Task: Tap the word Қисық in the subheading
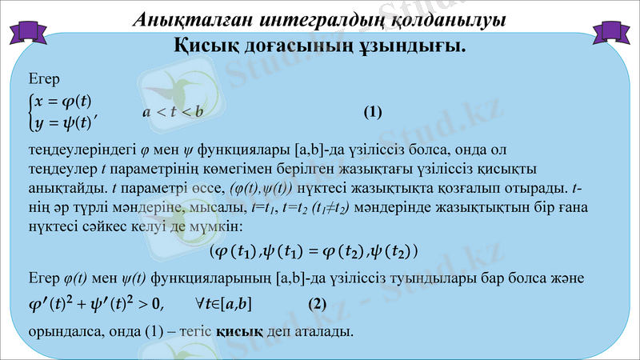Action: [209, 46]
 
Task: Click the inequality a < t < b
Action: [174, 111]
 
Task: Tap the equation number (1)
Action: [374, 111]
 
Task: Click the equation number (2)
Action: [318, 303]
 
